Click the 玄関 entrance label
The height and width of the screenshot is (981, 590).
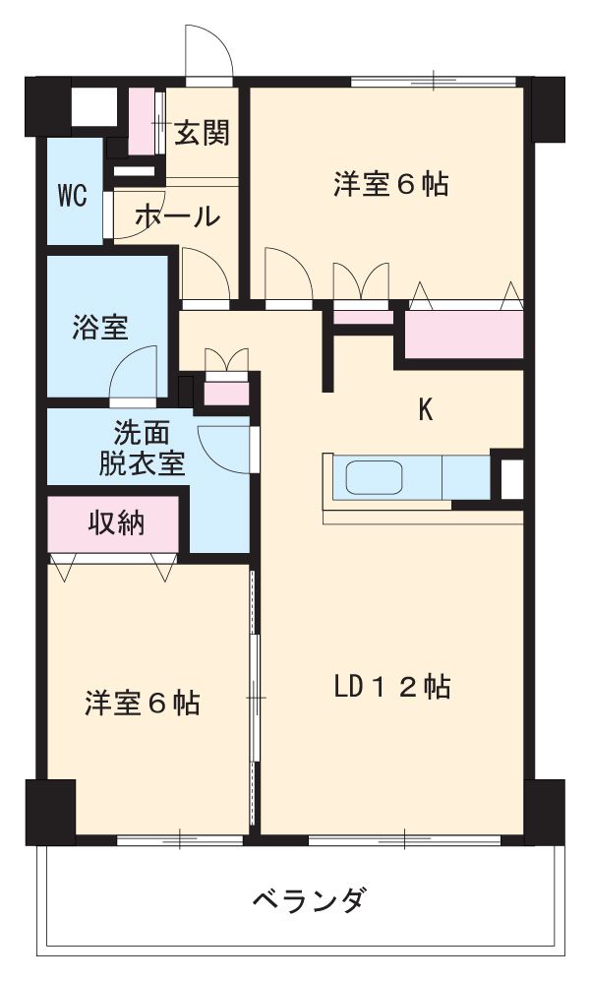[x=202, y=133]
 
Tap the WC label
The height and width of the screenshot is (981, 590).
[x=71, y=196]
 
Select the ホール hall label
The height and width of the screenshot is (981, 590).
[x=176, y=216]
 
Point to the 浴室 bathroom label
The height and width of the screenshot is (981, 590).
[x=99, y=328]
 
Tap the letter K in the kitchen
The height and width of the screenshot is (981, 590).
[x=426, y=410]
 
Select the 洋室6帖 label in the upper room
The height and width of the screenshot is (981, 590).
[x=390, y=184]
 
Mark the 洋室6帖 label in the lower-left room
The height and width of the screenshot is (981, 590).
[x=142, y=703]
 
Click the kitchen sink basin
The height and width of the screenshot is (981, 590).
[x=375, y=479]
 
